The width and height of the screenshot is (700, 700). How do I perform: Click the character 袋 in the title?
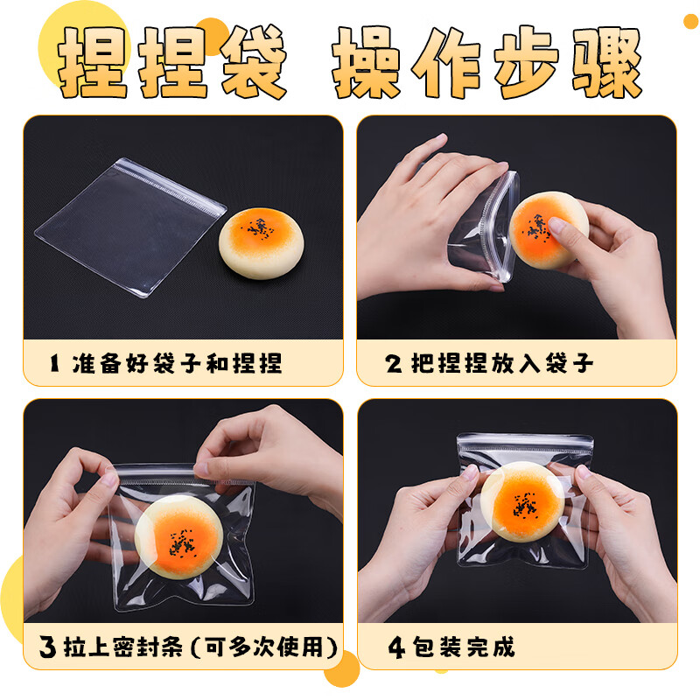(x=253, y=61)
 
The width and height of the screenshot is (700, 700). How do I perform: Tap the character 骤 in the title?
(x=607, y=61)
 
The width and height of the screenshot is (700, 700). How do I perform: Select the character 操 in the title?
(x=366, y=61)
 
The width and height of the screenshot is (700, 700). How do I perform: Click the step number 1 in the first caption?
(x=54, y=362)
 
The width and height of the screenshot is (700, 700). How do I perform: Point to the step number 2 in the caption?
(x=394, y=363)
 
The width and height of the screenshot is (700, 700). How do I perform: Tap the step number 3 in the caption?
(x=47, y=647)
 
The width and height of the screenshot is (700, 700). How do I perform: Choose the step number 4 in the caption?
(x=396, y=647)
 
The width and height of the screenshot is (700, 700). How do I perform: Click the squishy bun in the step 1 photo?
(x=261, y=243)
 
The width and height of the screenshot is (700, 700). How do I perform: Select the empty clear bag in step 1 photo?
(x=130, y=227)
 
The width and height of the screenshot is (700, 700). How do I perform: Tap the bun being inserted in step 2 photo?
(x=549, y=230)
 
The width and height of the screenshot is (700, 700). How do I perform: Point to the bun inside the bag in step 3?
(x=178, y=536)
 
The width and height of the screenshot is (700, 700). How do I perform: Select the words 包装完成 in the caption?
(x=464, y=647)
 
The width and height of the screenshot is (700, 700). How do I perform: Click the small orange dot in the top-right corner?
(x=691, y=21)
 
